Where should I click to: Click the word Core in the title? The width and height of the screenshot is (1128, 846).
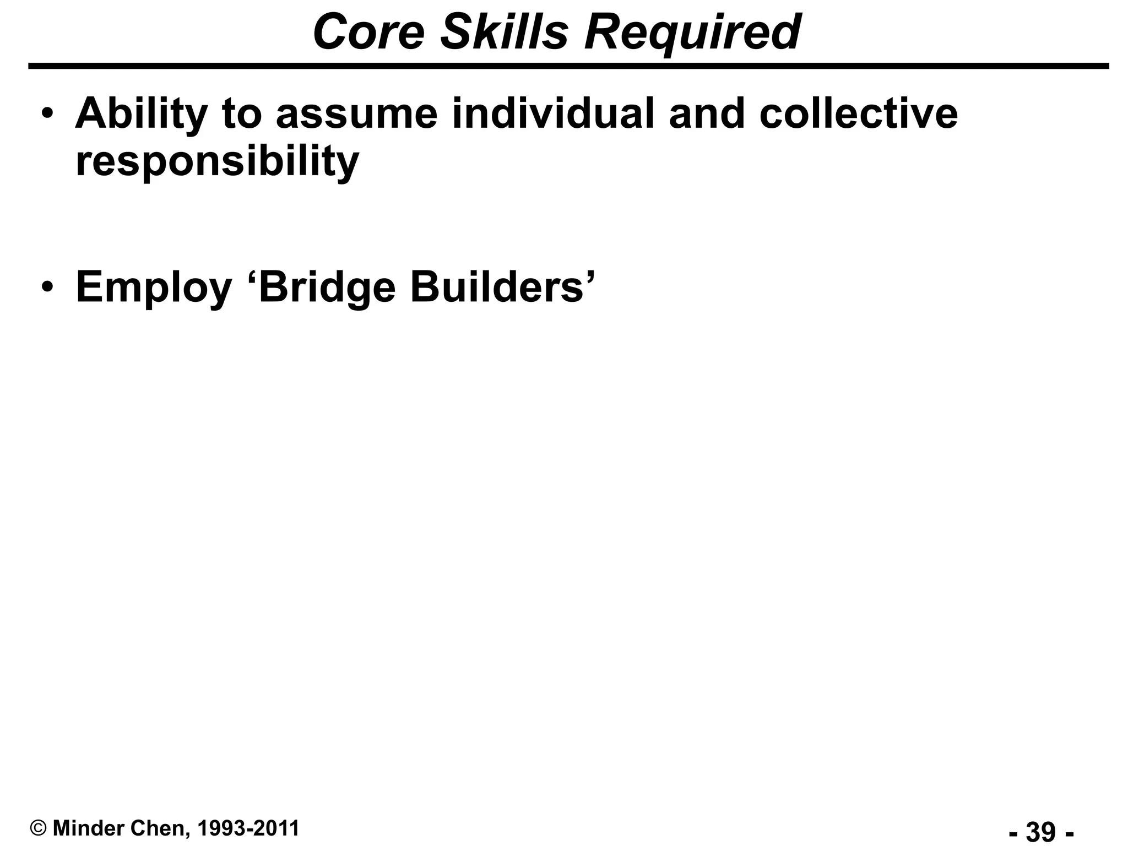(x=368, y=32)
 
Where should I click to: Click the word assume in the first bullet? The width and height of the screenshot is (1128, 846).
(x=356, y=113)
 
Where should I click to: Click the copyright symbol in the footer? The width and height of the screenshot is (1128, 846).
(x=39, y=828)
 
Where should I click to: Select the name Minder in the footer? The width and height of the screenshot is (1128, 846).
(x=89, y=828)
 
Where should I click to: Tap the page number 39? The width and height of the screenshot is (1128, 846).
(x=1041, y=831)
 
